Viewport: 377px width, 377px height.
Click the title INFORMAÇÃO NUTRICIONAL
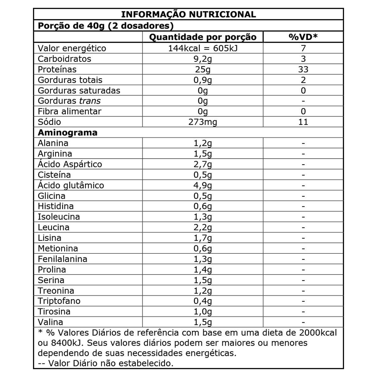[188, 14]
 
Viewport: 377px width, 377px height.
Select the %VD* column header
[303, 37]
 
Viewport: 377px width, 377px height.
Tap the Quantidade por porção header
[203, 37]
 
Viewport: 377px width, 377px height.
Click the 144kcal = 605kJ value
[203, 48]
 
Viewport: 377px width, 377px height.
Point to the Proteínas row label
[57, 69]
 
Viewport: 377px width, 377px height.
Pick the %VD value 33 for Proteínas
[303, 69]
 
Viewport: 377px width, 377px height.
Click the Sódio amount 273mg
[203, 122]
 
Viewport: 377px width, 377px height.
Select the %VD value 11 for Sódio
[303, 122]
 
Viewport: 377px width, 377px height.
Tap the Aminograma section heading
[68, 133]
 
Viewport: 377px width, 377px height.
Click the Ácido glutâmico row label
[71, 185]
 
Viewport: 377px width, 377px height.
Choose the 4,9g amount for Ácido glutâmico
[203, 185]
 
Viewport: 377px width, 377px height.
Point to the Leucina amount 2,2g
[203, 227]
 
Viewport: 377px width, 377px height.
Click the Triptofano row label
[59, 301]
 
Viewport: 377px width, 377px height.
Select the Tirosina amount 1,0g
[203, 312]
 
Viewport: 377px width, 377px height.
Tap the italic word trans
[90, 101]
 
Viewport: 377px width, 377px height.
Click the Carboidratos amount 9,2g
[203, 59]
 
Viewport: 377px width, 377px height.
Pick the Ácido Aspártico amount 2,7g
[203, 164]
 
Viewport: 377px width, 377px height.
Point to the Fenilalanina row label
[63, 259]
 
